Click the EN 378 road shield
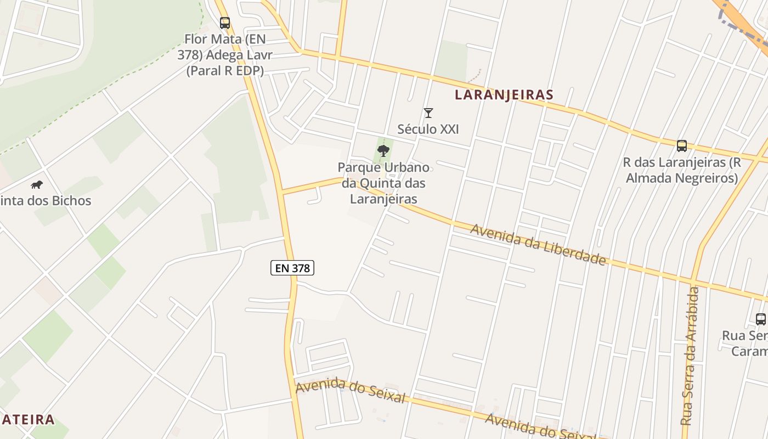pyautogui.click(x=292, y=268)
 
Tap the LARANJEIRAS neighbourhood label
pyautogui.click(x=504, y=95)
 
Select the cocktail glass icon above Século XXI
pyautogui.click(x=428, y=113)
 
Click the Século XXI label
pyautogui.click(x=428, y=130)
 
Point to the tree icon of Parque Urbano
pyautogui.click(x=383, y=150)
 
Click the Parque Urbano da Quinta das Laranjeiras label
pyautogui.click(x=383, y=183)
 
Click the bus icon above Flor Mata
pyautogui.click(x=225, y=23)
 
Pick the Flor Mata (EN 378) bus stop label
pyautogui.click(x=224, y=55)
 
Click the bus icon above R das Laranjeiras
pyautogui.click(x=682, y=146)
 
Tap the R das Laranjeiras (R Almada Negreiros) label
pyautogui.click(x=682, y=170)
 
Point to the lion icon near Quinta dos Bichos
pyautogui.click(x=37, y=184)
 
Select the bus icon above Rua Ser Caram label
pyautogui.click(x=761, y=319)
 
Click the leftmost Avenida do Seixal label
pyautogui.click(x=350, y=391)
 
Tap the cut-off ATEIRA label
pyautogui.click(x=27, y=420)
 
